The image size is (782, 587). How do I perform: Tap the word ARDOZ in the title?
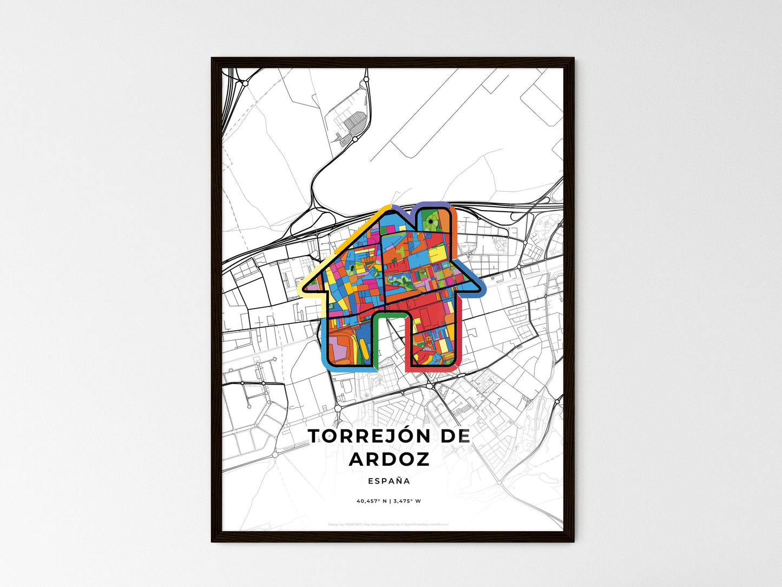pos(389,459)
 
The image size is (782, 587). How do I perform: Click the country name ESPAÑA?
pos(389,481)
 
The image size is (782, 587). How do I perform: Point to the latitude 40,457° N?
pos(371,501)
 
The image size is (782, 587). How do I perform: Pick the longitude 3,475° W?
pos(407,501)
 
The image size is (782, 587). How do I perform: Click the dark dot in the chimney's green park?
pos(430,221)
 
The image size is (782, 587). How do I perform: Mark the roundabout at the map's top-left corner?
pos(245,83)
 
